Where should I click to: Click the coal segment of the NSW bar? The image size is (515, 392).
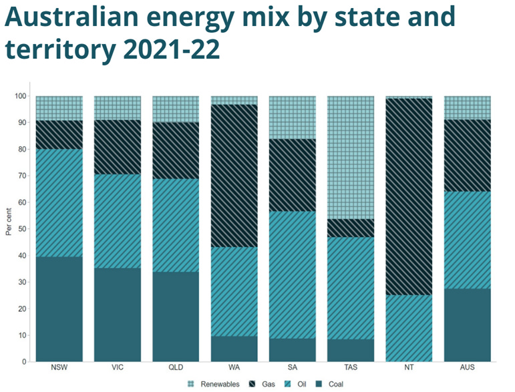tap(59, 309)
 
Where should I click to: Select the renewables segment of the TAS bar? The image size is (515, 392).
tap(351, 157)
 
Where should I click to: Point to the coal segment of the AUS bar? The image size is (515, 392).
tap(467, 325)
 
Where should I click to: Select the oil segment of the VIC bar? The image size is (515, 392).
tap(117, 221)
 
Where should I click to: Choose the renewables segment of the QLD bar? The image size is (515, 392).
tap(176, 109)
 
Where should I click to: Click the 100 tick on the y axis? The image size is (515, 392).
tap(19, 96)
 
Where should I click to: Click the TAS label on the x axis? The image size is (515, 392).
tap(351, 369)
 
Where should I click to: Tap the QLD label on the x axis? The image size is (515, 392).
tap(176, 369)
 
